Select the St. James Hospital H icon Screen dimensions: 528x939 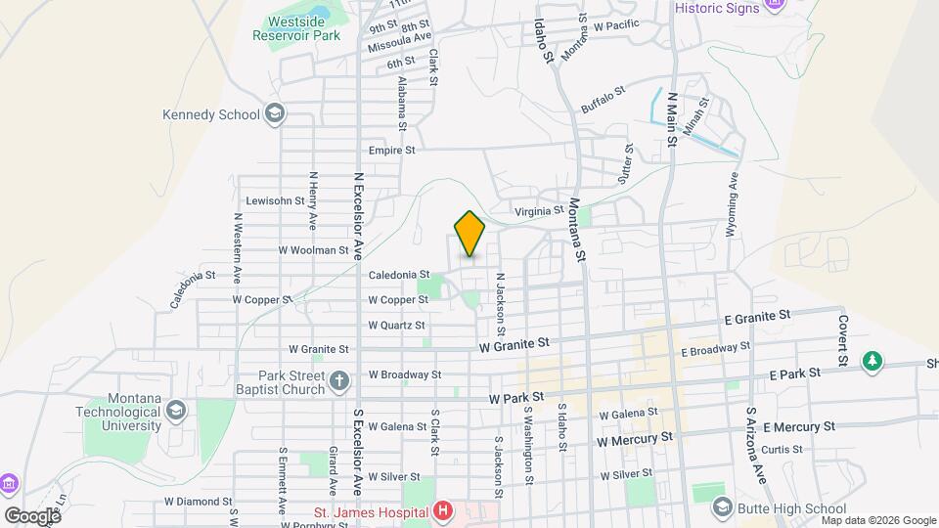click(444, 510)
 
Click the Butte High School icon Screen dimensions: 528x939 click(722, 507)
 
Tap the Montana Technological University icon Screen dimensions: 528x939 click(176, 409)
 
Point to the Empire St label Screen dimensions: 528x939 click(392, 151)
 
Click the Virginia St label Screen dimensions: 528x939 click(540, 210)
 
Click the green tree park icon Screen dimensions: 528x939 click(871, 363)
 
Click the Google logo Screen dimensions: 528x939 click(32, 515)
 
